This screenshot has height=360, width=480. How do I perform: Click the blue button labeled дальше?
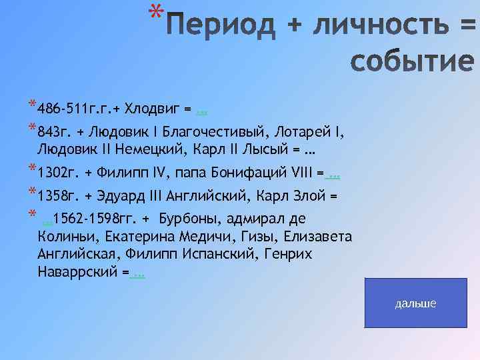coord(415,303)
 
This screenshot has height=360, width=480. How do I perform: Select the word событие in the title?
coord(412,62)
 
